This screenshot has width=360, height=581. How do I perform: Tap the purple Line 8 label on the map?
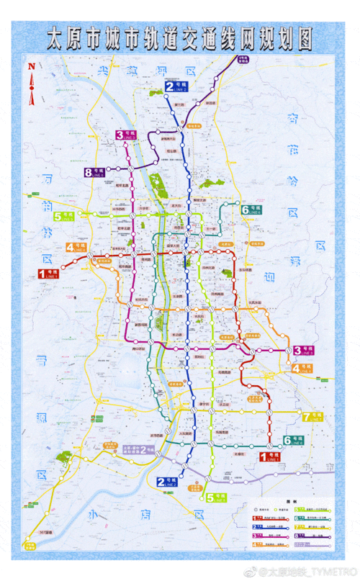pos(94,172)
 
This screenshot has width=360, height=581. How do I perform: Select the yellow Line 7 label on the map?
pos(315,417)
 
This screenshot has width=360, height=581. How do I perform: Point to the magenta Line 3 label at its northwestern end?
pos(125,135)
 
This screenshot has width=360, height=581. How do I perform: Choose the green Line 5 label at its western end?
pos(63,215)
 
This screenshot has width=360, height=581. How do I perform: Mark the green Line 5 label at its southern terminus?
pos(215,497)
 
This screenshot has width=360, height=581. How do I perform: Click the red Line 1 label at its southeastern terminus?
pos(269,455)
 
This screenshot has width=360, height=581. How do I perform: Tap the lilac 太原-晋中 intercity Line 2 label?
pos(140,449)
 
